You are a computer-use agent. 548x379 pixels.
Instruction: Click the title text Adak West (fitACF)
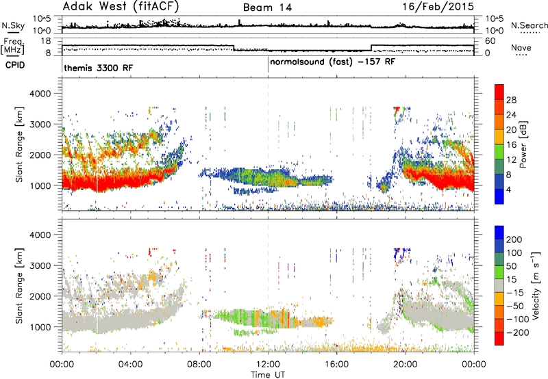pos(121,7)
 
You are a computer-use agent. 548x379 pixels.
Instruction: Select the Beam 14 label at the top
pos(267,8)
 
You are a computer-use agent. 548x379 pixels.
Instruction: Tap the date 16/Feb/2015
pos(438,6)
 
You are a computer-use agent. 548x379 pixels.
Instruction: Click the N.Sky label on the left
pos(13,25)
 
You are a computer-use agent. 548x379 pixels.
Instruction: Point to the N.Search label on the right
pos(529,25)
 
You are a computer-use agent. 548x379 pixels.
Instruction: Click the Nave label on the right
pos(521,47)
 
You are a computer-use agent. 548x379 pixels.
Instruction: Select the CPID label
pos(15,65)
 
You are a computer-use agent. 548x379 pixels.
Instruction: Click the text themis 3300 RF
pos(99,68)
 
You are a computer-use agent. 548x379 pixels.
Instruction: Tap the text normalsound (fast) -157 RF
pos(332,62)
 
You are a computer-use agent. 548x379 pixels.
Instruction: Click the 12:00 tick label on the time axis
pos(268,365)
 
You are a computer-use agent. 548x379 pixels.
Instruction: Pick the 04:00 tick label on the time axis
pos(130,365)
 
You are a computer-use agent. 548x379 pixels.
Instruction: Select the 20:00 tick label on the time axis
pos(406,365)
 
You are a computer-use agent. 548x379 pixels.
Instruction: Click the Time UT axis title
pos(268,374)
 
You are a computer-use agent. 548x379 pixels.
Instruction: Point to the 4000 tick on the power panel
pos(40,94)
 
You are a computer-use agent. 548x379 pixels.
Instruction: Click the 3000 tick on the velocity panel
pos(40,265)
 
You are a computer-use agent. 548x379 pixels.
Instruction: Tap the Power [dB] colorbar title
pos(523,144)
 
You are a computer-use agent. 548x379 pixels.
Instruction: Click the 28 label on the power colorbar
pos(511,100)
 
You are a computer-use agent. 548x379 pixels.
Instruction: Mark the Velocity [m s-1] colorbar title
pos(536,285)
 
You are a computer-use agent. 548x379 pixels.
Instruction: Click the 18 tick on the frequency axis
pos(46,41)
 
